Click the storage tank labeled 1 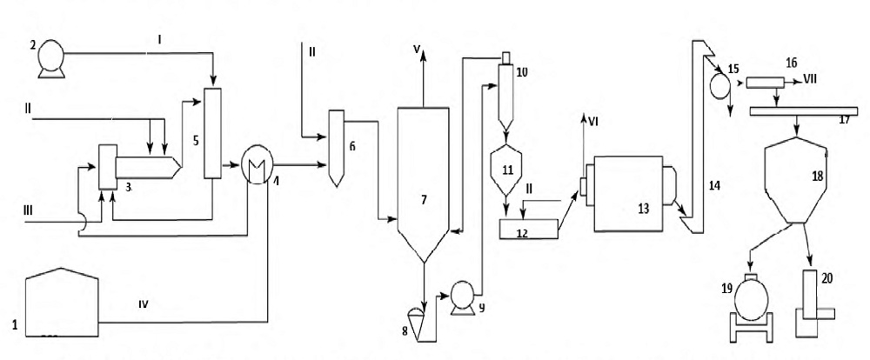click(62, 303)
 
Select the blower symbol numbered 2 click(50, 58)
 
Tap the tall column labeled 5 click(212, 133)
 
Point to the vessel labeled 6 click(336, 148)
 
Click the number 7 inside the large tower click(424, 200)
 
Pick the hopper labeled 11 click(505, 170)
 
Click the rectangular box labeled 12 click(529, 229)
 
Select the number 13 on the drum click(643, 208)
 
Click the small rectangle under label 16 click(765, 83)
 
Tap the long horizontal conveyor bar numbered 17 click(803, 111)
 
